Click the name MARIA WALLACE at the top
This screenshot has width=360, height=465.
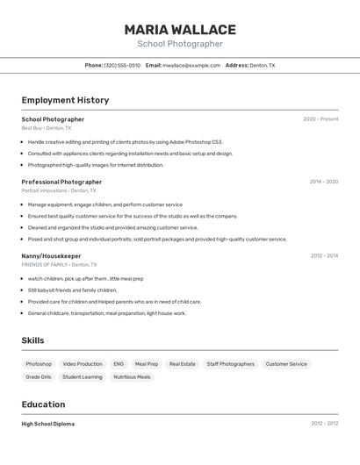(180, 30)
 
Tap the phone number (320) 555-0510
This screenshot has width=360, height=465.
(122, 66)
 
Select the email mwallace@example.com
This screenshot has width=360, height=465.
(191, 66)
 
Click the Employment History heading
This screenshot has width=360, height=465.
(65, 100)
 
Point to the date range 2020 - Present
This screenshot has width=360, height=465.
(320, 119)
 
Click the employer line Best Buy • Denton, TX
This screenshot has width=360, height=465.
(47, 128)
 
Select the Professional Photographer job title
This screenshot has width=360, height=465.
(61, 182)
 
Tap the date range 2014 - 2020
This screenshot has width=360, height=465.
(323, 182)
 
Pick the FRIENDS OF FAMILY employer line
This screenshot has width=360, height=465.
(59, 264)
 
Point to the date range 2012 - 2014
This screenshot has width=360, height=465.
(324, 255)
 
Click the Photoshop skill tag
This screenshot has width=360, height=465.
(39, 364)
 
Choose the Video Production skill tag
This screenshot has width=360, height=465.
(83, 364)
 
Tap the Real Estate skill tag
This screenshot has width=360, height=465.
(183, 364)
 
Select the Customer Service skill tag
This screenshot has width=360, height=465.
(286, 364)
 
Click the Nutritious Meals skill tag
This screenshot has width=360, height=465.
(132, 377)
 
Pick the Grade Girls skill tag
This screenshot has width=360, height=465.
(39, 377)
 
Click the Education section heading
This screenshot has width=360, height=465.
(43, 404)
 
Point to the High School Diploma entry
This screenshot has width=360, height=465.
(48, 424)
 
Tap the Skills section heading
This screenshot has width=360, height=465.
(32, 340)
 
